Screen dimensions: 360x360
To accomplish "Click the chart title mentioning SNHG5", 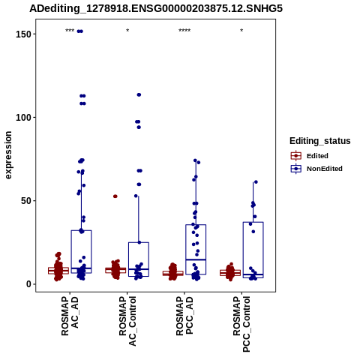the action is coord(156,8).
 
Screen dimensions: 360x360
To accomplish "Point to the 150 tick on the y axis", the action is coord(24,34).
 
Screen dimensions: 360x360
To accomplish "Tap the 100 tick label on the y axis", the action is coord(24,117).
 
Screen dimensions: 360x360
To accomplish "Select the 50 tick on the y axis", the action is coord(26,201).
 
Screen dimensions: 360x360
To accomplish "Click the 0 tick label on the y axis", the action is coord(29,284).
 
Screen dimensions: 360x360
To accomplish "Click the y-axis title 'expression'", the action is coord(8,155).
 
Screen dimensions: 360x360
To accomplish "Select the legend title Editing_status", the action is coord(320,141).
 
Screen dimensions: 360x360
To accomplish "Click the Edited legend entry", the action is coord(310,156).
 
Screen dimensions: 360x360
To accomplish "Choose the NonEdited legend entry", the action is coord(316,169).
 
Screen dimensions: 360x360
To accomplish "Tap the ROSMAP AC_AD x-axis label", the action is coord(70,316).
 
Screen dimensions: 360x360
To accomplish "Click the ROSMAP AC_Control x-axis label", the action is coord(127,321).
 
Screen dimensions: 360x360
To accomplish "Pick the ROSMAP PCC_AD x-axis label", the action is coord(184,316).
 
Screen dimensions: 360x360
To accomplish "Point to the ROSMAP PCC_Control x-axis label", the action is coord(241,324).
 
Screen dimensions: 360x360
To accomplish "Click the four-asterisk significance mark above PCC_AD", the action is coord(184,31).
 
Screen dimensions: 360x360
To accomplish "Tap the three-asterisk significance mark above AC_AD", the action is coord(70,31).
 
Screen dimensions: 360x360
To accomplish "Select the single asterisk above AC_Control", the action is coord(127,31).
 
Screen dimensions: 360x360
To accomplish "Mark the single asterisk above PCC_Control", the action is coord(241,31).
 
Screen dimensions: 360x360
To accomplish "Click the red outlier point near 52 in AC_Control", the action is coord(115,196).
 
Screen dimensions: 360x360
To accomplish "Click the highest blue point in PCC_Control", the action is coord(256,182).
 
